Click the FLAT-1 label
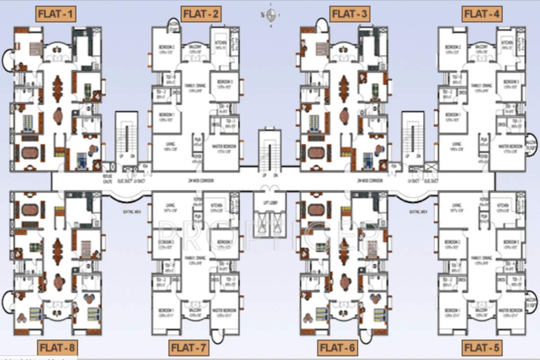click(55, 14)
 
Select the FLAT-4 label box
click(482, 14)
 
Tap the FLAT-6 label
click(338, 348)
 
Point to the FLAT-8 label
click(57, 348)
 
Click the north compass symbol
click(270, 15)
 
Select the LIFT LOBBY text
click(270, 202)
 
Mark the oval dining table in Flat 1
click(57, 87)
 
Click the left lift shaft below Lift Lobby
click(262, 225)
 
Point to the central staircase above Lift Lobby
click(270, 150)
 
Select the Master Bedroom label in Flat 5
click(511, 312)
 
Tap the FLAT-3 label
click(350, 14)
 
